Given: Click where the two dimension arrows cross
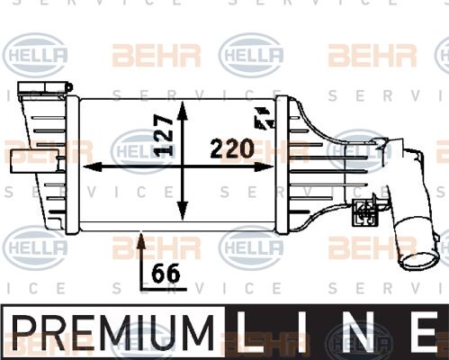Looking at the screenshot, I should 183,166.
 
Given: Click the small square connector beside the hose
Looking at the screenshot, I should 364,212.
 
